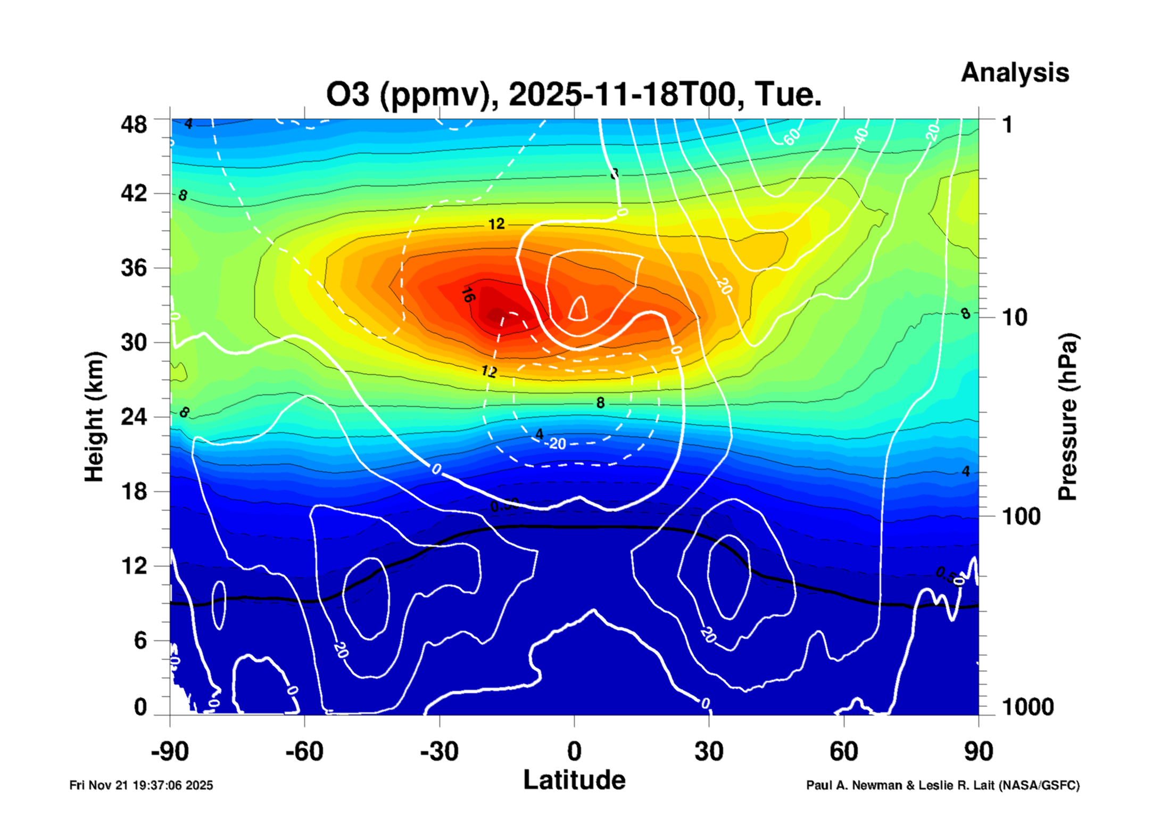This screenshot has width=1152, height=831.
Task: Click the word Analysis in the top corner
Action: [1014, 72]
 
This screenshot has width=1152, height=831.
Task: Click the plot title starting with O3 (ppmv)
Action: [574, 95]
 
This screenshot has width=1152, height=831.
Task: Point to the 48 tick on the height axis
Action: [134, 125]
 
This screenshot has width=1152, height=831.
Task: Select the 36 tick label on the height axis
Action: [134, 267]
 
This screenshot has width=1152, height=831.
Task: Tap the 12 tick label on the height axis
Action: [134, 566]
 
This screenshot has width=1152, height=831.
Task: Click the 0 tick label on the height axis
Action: [140, 707]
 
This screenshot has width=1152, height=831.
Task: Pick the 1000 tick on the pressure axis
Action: [1027, 707]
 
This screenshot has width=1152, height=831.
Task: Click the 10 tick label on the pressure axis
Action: [1014, 318]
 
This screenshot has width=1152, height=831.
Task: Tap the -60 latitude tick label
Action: [304, 752]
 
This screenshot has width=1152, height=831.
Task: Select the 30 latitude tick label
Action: [709, 752]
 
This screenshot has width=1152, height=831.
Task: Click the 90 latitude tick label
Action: [979, 752]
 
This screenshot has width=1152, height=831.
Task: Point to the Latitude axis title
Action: [574, 780]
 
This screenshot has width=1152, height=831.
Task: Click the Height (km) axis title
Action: [95, 417]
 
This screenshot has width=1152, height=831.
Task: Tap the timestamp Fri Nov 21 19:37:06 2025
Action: [141, 785]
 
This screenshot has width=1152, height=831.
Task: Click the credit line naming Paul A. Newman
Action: [942, 785]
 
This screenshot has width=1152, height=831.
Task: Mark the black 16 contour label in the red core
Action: [467, 294]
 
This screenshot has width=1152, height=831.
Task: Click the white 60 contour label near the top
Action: [792, 136]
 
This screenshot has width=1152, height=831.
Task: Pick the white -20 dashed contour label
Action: [556, 443]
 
